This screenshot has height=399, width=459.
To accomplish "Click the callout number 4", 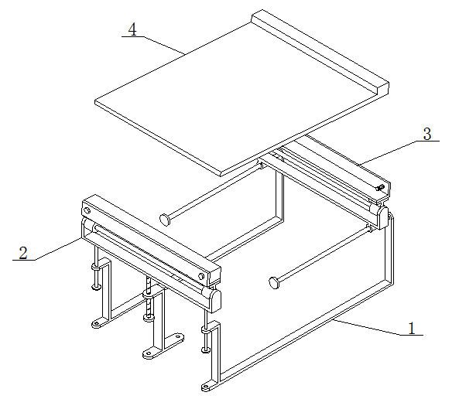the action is [132, 29].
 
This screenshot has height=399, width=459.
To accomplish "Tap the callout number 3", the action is [427, 134].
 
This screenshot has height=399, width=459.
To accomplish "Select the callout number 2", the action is [23, 253].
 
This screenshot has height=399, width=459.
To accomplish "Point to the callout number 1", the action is [412, 328].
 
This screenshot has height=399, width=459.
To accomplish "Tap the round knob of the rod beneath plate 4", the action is [165, 219].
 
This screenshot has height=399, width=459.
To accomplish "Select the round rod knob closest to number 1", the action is [274, 282].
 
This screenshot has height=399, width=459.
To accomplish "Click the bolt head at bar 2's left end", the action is [87, 210].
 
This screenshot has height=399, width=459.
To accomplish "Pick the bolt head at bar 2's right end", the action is [201, 275].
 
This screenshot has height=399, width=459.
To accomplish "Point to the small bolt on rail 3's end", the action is [380, 187].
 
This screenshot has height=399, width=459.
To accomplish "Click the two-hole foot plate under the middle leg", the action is [163, 346].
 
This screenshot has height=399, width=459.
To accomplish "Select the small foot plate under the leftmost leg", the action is [100, 323].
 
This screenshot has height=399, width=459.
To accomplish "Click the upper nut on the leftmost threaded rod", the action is [96, 267].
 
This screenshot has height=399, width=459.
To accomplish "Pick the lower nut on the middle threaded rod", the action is [149, 317].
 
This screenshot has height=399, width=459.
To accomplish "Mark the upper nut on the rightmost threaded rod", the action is [206, 330].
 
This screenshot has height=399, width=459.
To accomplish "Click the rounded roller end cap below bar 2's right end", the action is [215, 299].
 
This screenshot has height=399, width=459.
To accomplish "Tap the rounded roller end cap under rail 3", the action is [382, 217].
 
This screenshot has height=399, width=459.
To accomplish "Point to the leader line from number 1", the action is [377, 328].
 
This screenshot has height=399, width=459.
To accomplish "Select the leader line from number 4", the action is [154, 46].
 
